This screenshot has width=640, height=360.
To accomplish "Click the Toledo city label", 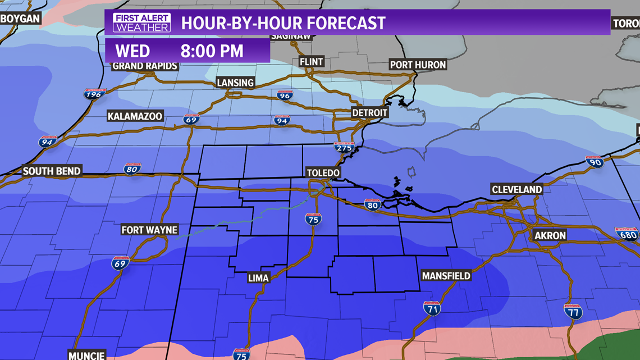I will click(x=323, y=172).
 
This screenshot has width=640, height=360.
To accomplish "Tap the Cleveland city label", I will click(x=516, y=189).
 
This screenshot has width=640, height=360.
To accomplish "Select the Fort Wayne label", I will click(x=149, y=230).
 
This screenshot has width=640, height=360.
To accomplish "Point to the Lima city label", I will click(x=258, y=277).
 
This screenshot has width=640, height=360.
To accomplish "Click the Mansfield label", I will click(x=446, y=276).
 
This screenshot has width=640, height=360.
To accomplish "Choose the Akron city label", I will click(x=550, y=235).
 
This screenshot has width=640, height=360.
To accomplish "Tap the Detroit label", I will click(x=369, y=112).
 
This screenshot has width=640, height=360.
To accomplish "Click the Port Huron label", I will click(x=418, y=65).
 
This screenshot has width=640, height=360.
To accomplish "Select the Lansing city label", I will click(x=235, y=83).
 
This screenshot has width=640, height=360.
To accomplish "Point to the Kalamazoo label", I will click(x=135, y=116).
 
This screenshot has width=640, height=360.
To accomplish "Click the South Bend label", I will click(x=52, y=171).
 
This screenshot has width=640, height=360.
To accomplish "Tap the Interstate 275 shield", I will click(x=344, y=148).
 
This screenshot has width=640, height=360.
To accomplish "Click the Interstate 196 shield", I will click(x=95, y=94).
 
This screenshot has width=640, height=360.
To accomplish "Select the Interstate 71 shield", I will click(x=431, y=308).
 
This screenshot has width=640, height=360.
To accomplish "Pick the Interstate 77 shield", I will click(x=573, y=311).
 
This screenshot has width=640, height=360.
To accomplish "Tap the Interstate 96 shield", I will click(x=285, y=95).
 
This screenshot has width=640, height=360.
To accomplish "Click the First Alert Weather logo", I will click(x=141, y=22).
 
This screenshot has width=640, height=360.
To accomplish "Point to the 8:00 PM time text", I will click(x=212, y=51).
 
